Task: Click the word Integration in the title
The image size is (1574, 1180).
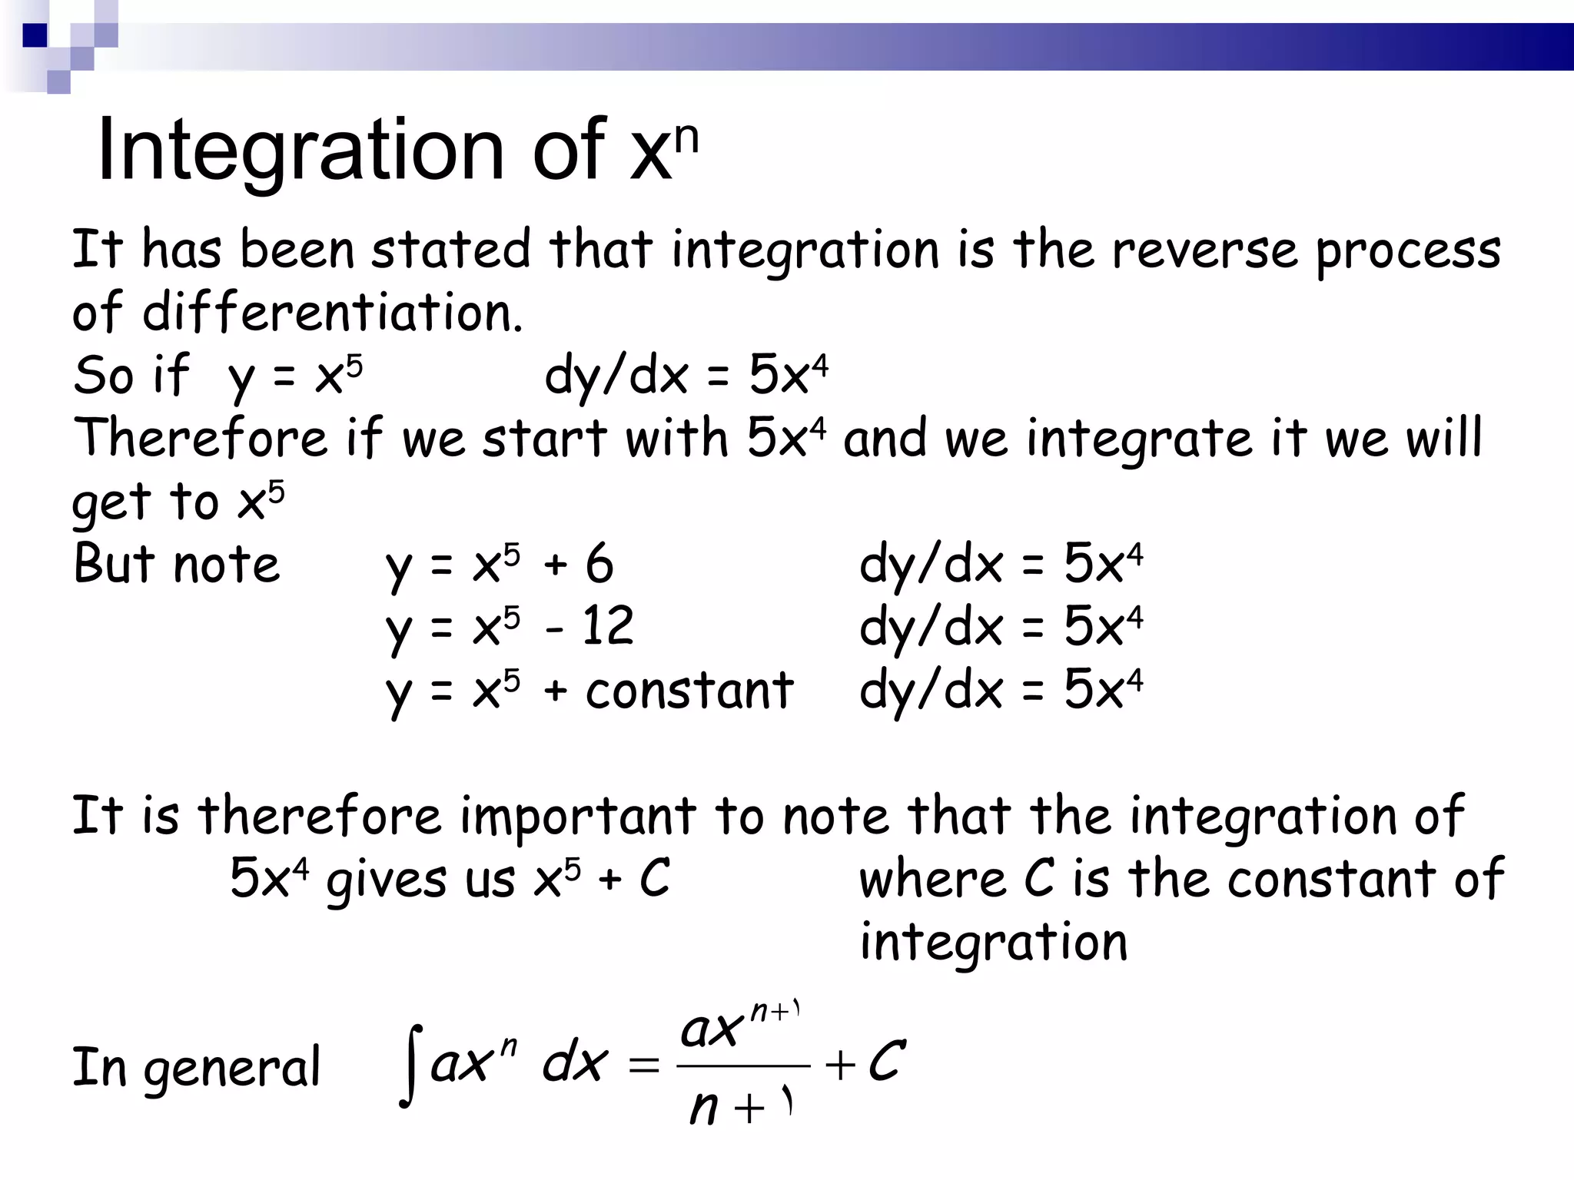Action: click(x=300, y=151)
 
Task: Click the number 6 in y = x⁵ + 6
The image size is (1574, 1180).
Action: click(x=599, y=563)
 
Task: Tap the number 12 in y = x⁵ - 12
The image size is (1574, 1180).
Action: click(x=607, y=626)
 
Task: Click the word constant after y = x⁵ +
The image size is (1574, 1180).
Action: click(x=689, y=690)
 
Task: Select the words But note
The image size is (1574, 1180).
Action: click(x=177, y=563)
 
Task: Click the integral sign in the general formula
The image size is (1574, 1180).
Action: click(x=413, y=1066)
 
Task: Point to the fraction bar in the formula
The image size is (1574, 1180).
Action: click(x=743, y=1066)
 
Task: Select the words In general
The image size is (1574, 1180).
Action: click(x=196, y=1067)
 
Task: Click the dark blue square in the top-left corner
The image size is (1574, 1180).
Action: click(x=35, y=35)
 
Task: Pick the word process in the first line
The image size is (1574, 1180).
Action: click(x=1408, y=251)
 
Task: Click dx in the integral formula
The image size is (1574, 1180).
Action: click(x=575, y=1063)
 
